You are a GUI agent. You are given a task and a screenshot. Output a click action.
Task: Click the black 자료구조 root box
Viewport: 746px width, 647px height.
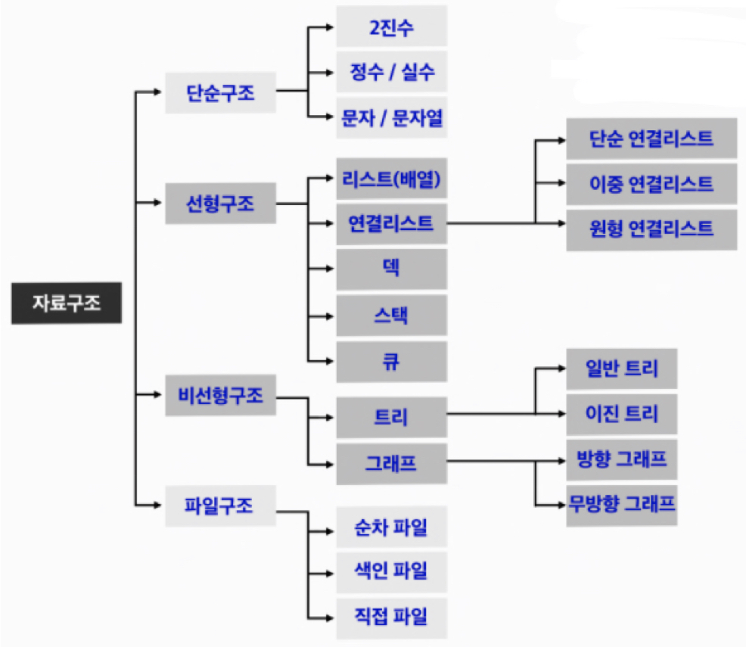(x=66, y=303)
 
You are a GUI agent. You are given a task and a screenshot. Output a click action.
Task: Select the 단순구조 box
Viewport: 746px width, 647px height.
(x=221, y=93)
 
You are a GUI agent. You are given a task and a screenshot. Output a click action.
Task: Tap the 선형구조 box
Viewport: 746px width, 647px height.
(x=221, y=203)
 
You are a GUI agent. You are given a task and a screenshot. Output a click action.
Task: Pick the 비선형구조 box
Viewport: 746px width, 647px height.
(x=221, y=395)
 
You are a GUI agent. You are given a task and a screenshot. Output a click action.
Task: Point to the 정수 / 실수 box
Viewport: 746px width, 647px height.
(x=391, y=72)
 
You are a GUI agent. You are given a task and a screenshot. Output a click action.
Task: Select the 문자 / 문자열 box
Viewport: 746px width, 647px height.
(x=391, y=117)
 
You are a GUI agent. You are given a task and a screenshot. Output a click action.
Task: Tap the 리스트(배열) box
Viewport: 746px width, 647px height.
(x=391, y=179)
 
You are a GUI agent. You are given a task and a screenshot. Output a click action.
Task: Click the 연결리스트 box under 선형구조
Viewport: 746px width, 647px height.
(x=391, y=224)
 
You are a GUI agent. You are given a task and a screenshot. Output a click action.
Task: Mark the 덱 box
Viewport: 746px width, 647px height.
(x=391, y=269)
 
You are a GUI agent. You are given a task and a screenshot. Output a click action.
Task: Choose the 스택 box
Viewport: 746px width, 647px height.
(x=391, y=316)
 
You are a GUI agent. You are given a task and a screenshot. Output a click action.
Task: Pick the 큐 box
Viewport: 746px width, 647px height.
(x=391, y=361)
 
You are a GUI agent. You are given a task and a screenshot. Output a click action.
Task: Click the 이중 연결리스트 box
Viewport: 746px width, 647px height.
(x=651, y=184)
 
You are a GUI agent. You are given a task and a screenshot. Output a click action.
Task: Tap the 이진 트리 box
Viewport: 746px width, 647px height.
(x=621, y=414)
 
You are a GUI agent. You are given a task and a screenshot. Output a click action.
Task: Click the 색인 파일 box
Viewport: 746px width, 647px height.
(x=391, y=572)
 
